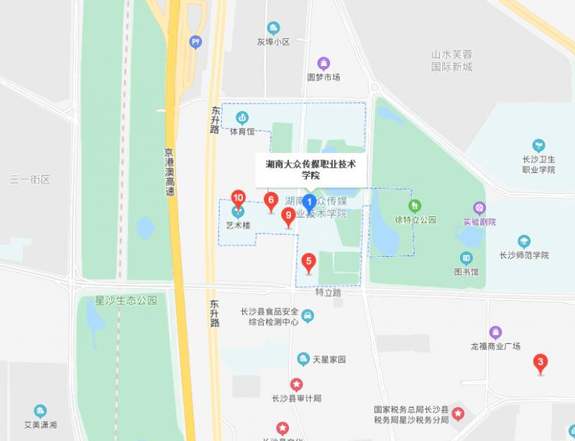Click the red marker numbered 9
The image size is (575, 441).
click(287, 216)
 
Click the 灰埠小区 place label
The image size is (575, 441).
click(273, 42)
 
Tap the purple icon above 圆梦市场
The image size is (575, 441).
click(323, 63)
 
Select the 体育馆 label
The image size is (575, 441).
click(242, 131)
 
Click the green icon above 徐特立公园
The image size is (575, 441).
click(415, 206)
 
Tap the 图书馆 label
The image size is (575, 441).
click(466, 271)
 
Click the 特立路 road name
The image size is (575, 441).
click(328, 292)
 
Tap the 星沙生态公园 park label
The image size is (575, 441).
click(126, 300)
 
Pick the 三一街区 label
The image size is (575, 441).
click(30, 179)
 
